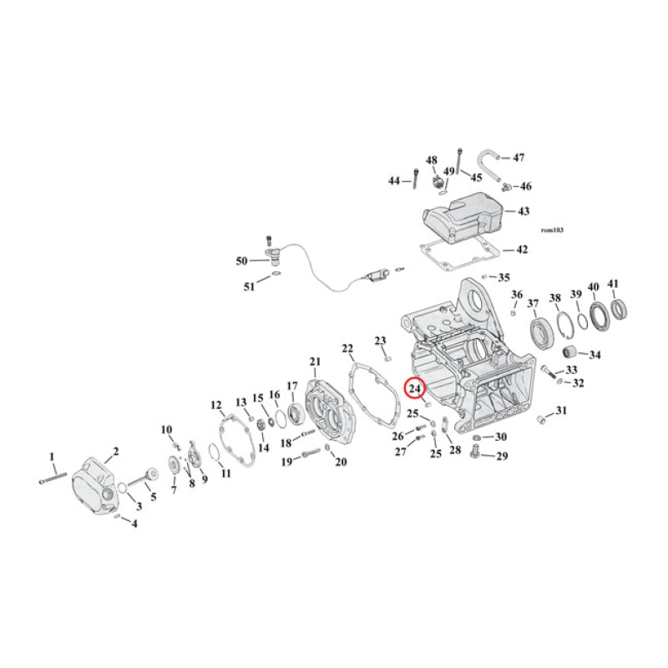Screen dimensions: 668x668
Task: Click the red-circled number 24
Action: tap(414, 387)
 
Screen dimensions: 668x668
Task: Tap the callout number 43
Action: tap(523, 212)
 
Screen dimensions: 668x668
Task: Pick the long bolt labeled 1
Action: tap(52, 478)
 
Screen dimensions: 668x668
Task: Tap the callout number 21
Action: tap(315, 361)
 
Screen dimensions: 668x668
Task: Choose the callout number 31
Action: tap(561, 410)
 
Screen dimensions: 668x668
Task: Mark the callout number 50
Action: tap(241, 261)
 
